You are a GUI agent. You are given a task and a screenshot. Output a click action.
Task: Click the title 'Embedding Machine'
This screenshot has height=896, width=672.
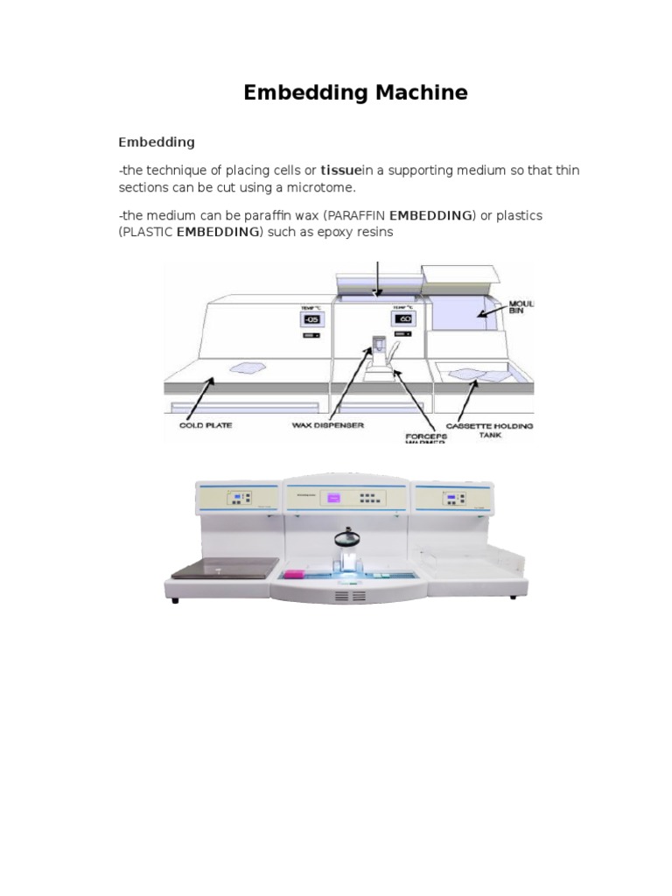355,93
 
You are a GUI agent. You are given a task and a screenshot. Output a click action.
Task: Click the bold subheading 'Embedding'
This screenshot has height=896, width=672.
157,141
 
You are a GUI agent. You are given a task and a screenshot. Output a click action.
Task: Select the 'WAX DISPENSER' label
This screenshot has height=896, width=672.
326,425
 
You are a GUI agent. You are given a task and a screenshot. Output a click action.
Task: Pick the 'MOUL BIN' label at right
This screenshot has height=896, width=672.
521,307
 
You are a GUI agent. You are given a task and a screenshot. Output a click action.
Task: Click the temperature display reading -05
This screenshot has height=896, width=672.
311,320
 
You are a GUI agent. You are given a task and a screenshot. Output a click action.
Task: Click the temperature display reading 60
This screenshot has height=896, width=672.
402,319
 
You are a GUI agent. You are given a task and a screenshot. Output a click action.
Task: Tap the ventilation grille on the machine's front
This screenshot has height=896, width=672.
351,595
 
